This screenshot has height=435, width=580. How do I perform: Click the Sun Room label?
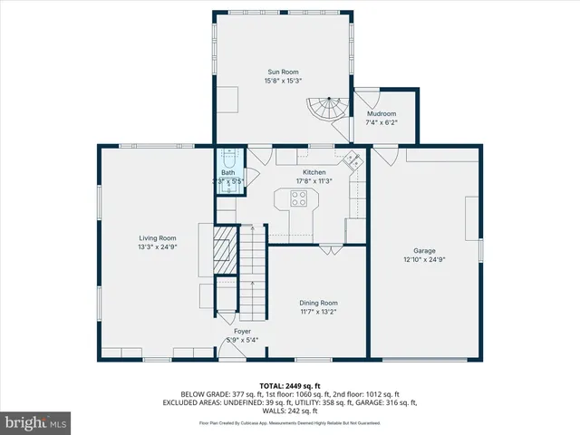(283, 72)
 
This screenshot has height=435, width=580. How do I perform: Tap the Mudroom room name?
(382, 113)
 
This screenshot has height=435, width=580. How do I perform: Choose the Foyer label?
(243, 332)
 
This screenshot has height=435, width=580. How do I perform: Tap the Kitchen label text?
(314, 171)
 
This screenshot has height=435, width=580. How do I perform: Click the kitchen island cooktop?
(298, 198)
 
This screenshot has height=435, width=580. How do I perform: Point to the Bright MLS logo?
(36, 422)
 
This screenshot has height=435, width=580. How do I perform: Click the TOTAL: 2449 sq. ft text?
(289, 385)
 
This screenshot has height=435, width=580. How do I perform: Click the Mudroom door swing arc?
(366, 98)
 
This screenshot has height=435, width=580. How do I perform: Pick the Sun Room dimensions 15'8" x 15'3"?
(283, 81)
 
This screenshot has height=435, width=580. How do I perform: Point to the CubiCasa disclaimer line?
(289, 423)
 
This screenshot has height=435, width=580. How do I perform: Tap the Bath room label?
(227, 172)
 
